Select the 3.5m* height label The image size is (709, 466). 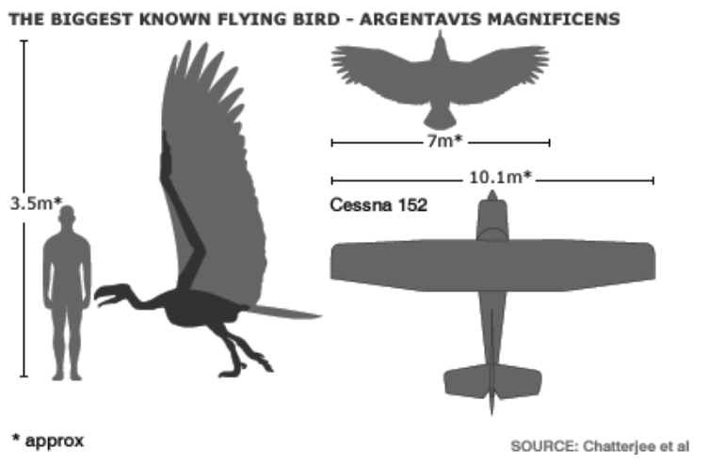click(35, 202)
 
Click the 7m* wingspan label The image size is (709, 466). click(443, 142)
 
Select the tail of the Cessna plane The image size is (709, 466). click(491, 381)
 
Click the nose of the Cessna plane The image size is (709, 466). click(491, 198)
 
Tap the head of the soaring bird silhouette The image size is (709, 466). click(440, 40)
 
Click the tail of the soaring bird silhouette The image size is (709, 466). click(439, 119)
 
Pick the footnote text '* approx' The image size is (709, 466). click(47, 439)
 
